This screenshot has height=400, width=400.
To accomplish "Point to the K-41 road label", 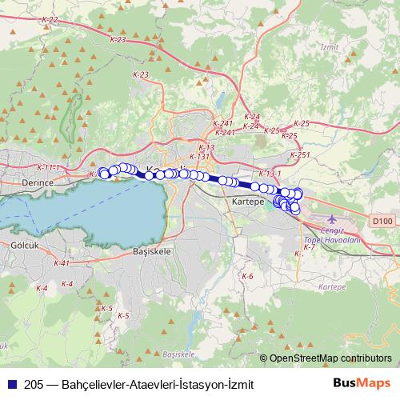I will point(61,262).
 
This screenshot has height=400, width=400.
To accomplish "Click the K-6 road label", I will point(247,276).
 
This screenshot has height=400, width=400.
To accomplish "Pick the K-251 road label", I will point(300,154).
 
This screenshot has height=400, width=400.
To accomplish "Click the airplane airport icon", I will point(333,218).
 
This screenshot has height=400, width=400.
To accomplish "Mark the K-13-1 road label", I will point(270,174).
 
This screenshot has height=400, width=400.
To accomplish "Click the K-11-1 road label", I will point(48,167).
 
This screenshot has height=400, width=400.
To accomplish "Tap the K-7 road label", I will point(310,247).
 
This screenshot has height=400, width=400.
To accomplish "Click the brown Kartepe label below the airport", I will point(331,286).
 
